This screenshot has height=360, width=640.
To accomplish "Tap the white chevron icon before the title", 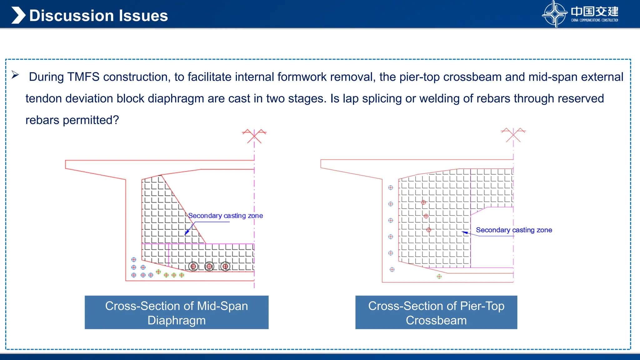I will pos(18,15).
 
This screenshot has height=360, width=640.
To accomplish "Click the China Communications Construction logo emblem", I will pos(554,14).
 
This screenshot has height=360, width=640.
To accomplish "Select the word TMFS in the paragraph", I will pos(83,77).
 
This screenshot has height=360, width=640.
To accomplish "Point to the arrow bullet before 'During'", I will pos(15,75).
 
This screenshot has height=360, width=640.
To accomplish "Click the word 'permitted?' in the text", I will pos(91,120).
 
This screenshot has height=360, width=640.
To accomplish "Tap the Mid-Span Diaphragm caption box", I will pos(177,312).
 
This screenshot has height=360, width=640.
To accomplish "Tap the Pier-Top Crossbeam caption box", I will pos(436,312).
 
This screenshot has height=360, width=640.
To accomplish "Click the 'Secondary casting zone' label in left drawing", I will pos(225,216).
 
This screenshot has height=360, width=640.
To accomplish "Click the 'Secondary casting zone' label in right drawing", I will pos(514,230).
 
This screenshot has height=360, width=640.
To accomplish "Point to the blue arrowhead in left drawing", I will pos(187,233).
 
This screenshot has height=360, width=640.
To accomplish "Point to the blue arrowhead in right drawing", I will pos(465,232).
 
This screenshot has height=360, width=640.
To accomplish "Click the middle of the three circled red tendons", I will pos(209,267).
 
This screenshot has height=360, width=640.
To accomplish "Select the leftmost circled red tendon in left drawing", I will pos(193,267).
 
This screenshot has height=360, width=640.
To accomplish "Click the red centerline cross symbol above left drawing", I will pos(254,136).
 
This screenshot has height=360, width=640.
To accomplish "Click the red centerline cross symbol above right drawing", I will pos(513,135).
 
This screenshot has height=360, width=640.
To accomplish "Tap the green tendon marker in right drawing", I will pos(439,277).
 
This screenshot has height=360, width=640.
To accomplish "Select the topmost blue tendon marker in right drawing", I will pos(391,188).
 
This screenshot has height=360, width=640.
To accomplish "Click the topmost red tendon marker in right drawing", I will pos(423,202).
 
